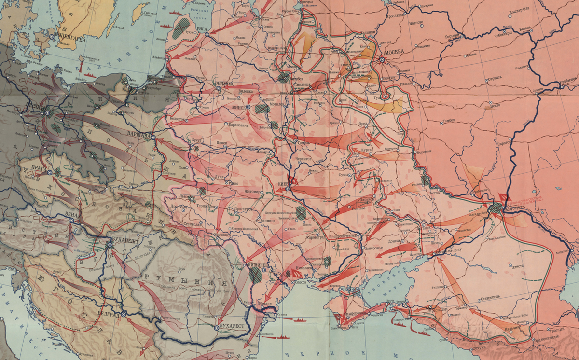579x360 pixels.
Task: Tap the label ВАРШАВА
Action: (x=139, y=135)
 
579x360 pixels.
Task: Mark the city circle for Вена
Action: (x=71, y=220)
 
